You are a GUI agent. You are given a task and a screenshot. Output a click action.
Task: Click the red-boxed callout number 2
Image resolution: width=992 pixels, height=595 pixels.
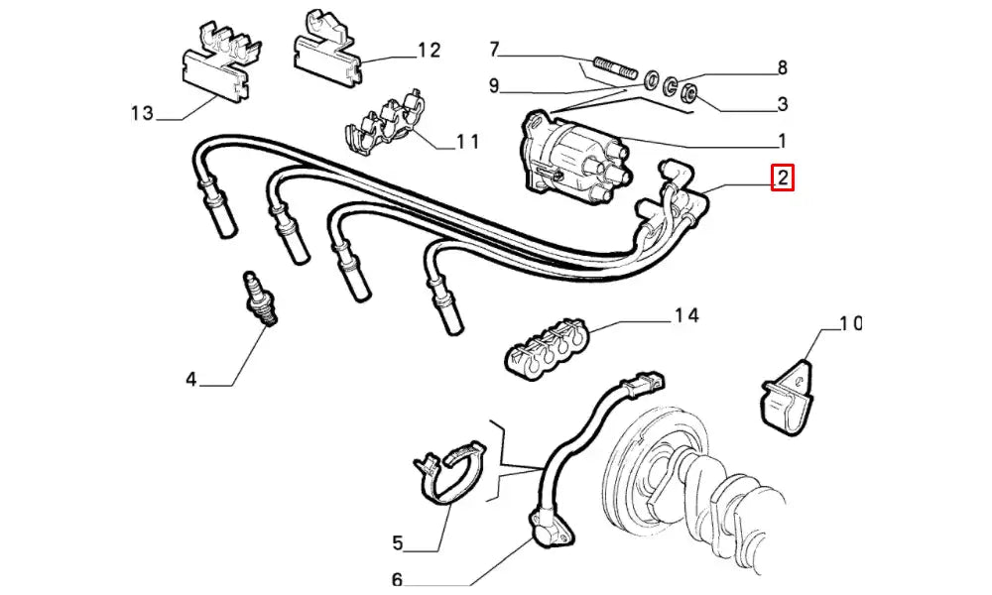[x=782, y=178]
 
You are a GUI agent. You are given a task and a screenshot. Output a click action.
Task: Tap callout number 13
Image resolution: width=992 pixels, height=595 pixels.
[x=143, y=113]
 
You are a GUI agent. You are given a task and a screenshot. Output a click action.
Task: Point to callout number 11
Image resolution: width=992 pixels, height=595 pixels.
[x=466, y=142]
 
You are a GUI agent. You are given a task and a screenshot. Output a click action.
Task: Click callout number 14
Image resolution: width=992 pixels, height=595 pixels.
[x=685, y=316]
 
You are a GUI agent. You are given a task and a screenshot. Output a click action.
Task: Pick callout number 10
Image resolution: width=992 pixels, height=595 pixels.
[x=849, y=323]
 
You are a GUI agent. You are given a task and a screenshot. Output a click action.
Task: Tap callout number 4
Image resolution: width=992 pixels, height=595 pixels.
[x=190, y=378]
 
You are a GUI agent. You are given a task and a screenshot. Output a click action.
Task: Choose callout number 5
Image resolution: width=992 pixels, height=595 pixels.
[x=397, y=542]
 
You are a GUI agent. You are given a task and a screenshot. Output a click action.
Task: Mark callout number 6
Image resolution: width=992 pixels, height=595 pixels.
[x=397, y=580]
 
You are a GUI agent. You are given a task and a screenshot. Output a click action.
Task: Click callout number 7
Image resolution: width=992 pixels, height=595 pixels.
[x=495, y=49]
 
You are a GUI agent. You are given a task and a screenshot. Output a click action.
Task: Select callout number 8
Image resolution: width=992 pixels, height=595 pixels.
[x=782, y=68]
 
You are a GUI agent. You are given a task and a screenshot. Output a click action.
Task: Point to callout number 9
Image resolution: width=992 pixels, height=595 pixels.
[x=494, y=85]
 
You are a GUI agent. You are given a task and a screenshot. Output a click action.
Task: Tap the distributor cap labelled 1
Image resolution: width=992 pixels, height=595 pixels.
[x=565, y=159]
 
